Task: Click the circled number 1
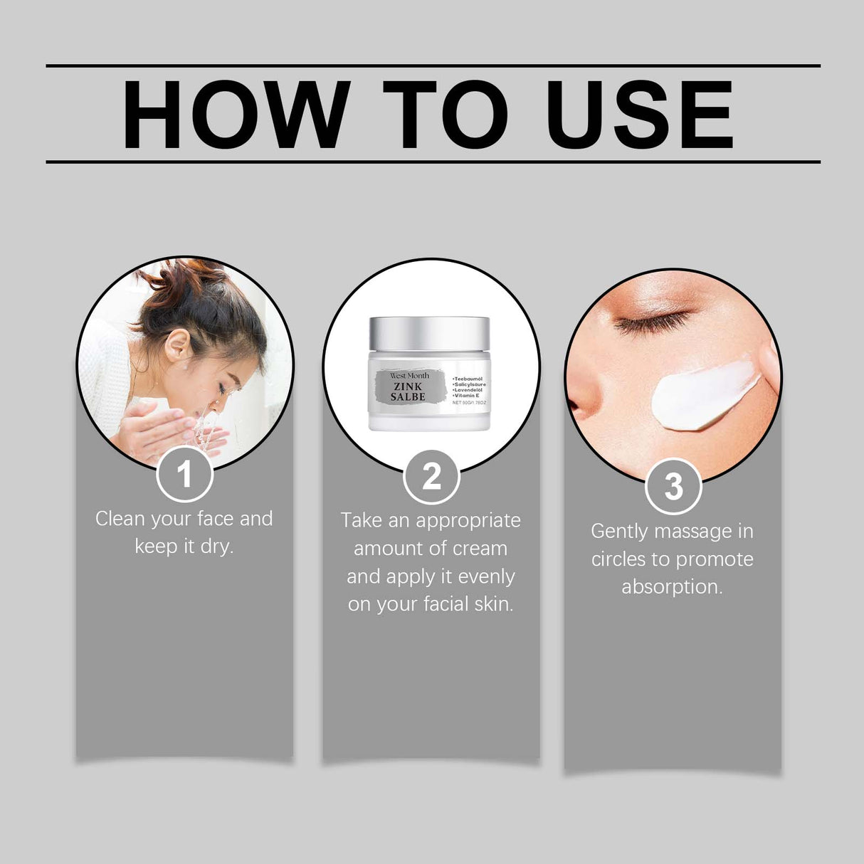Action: pyautogui.click(x=184, y=474)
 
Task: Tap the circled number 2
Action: pyautogui.click(x=431, y=476)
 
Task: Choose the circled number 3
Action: pyautogui.click(x=673, y=488)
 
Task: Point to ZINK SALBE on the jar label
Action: pyautogui.click(x=408, y=391)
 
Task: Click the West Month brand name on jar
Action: pyautogui.click(x=409, y=375)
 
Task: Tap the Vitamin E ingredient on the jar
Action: pyautogui.click(x=467, y=396)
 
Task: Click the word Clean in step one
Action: pyautogui.click(x=120, y=519)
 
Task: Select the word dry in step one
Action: pyautogui.click(x=217, y=547)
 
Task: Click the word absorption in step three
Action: pyautogui.click(x=672, y=587)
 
